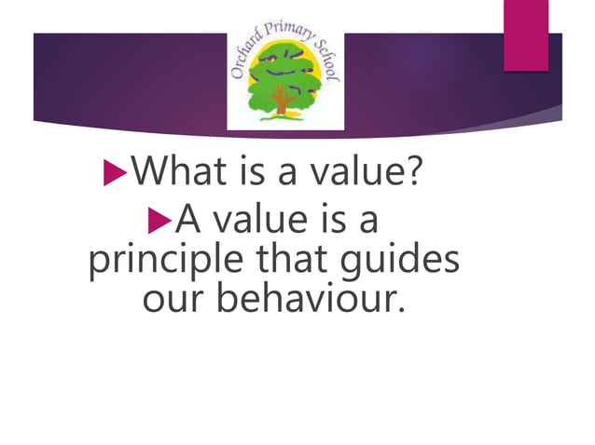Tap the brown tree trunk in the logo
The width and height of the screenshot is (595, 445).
point(280,104)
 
